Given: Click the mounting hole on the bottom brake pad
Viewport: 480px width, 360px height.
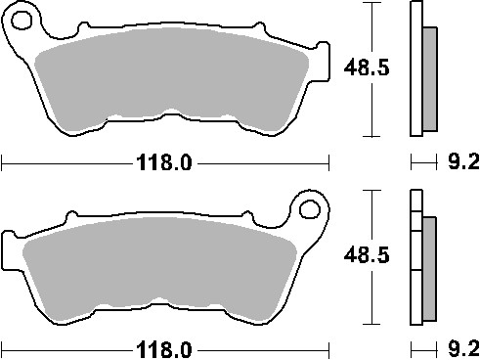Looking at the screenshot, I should pyautogui.click(x=311, y=207).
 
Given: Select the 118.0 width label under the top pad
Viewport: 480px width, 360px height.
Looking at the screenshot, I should pyautogui.click(x=162, y=163).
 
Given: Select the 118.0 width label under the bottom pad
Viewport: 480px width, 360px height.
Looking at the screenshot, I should pyautogui.click(x=162, y=348).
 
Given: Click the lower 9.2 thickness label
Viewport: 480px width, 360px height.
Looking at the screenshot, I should pyautogui.click(x=458, y=348).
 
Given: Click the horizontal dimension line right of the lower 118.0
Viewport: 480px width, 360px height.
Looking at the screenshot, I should pyautogui.click(x=264, y=348).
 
